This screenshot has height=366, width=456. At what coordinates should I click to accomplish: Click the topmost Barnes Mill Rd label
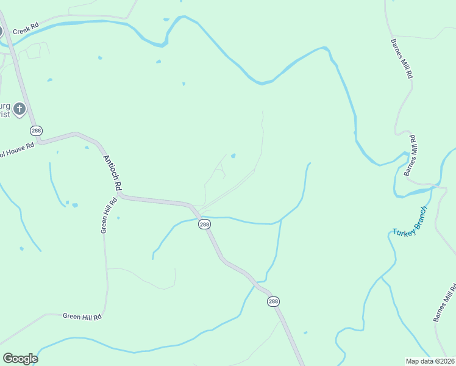402,59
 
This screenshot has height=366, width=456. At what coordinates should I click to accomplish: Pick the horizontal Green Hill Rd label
81,316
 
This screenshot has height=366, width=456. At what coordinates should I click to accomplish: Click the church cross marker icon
20,109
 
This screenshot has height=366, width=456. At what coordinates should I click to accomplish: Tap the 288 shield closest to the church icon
36,131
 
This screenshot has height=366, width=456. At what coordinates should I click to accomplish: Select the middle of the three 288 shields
204,224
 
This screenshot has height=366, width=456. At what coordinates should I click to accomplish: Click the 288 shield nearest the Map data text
273,301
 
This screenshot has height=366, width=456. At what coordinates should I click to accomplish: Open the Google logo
20,359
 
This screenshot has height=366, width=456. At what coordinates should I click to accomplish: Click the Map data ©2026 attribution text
430,361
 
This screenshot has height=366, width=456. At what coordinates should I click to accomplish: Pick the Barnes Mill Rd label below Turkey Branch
445,303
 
